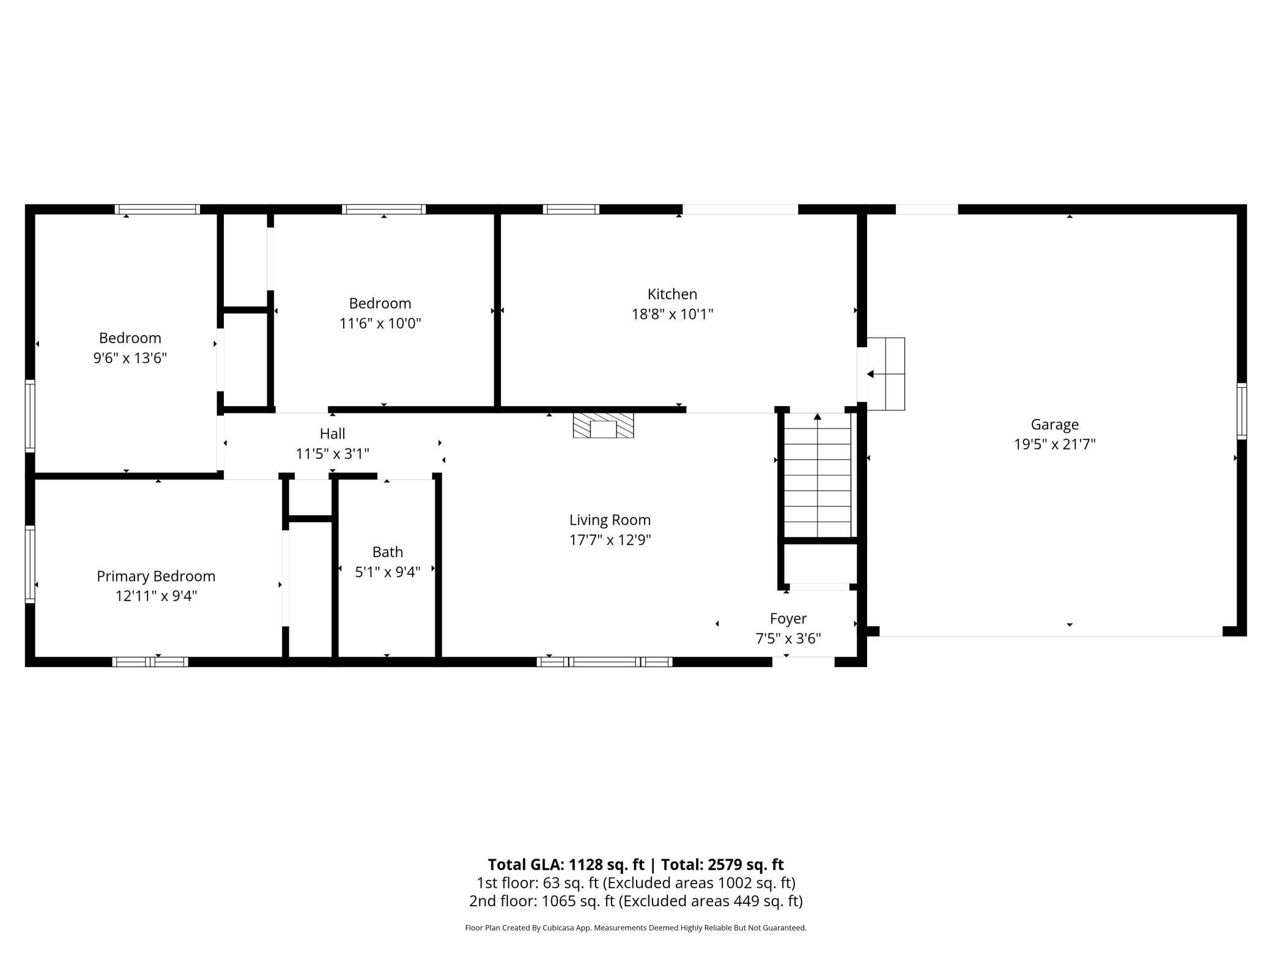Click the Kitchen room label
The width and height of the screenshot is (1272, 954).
pyautogui.click(x=672, y=294)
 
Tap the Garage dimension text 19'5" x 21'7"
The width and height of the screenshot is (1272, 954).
pyautogui.click(x=1054, y=444)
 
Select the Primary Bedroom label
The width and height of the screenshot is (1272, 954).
pyautogui.click(x=156, y=576)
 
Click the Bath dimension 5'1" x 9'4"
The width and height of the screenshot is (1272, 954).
pyautogui.click(x=388, y=572)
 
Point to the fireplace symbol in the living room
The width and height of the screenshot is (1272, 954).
pyautogui.click(x=603, y=426)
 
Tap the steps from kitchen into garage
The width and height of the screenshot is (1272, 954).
pyautogui.click(x=886, y=374)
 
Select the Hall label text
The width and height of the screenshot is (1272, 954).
pyautogui.click(x=332, y=434)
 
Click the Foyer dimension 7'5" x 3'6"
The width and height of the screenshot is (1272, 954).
pyautogui.click(x=788, y=638)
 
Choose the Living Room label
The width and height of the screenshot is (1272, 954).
pyautogui.click(x=610, y=520)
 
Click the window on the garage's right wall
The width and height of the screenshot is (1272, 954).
pyautogui.click(x=1241, y=411)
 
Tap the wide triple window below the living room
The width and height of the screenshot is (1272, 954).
pyautogui.click(x=604, y=662)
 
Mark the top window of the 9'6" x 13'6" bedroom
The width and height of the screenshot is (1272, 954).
pyautogui.click(x=158, y=209)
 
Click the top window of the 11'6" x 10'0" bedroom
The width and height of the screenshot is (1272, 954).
pyautogui.click(x=383, y=209)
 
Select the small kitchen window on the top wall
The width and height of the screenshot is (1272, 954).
pyautogui.click(x=571, y=209)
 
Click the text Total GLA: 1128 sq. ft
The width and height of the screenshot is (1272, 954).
pyautogui.click(x=566, y=864)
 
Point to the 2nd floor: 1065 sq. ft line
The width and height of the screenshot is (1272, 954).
pyautogui.click(x=635, y=901)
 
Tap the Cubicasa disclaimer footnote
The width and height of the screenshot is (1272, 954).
pyautogui.click(x=635, y=928)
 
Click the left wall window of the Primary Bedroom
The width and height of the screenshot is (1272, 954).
pyautogui.click(x=29, y=564)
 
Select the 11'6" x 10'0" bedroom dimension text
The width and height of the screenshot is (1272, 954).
pyautogui.click(x=380, y=323)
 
